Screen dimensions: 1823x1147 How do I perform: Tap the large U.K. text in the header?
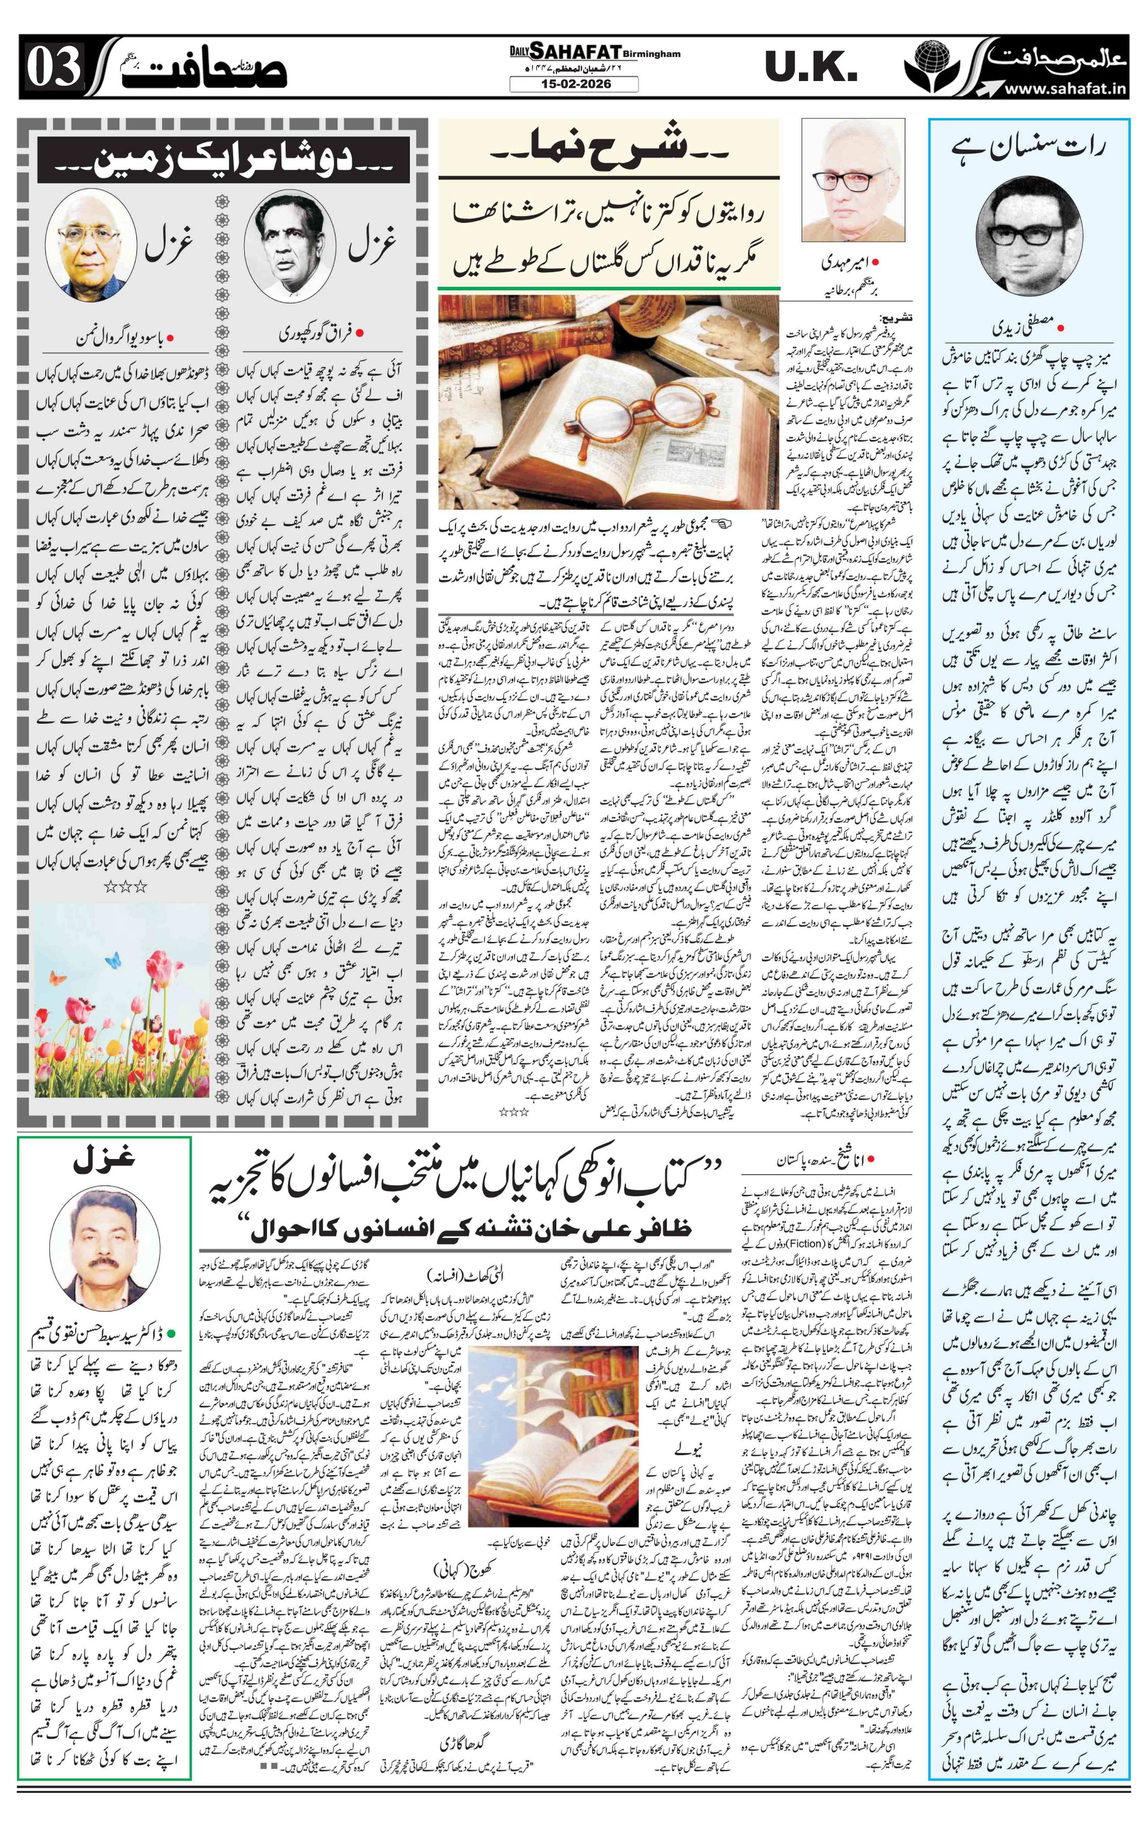pyautogui.click(x=811, y=68)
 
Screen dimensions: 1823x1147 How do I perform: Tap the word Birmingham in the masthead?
pyautogui.click(x=652, y=54)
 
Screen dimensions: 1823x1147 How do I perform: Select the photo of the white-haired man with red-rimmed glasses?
pyautogui.click(x=854, y=180)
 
